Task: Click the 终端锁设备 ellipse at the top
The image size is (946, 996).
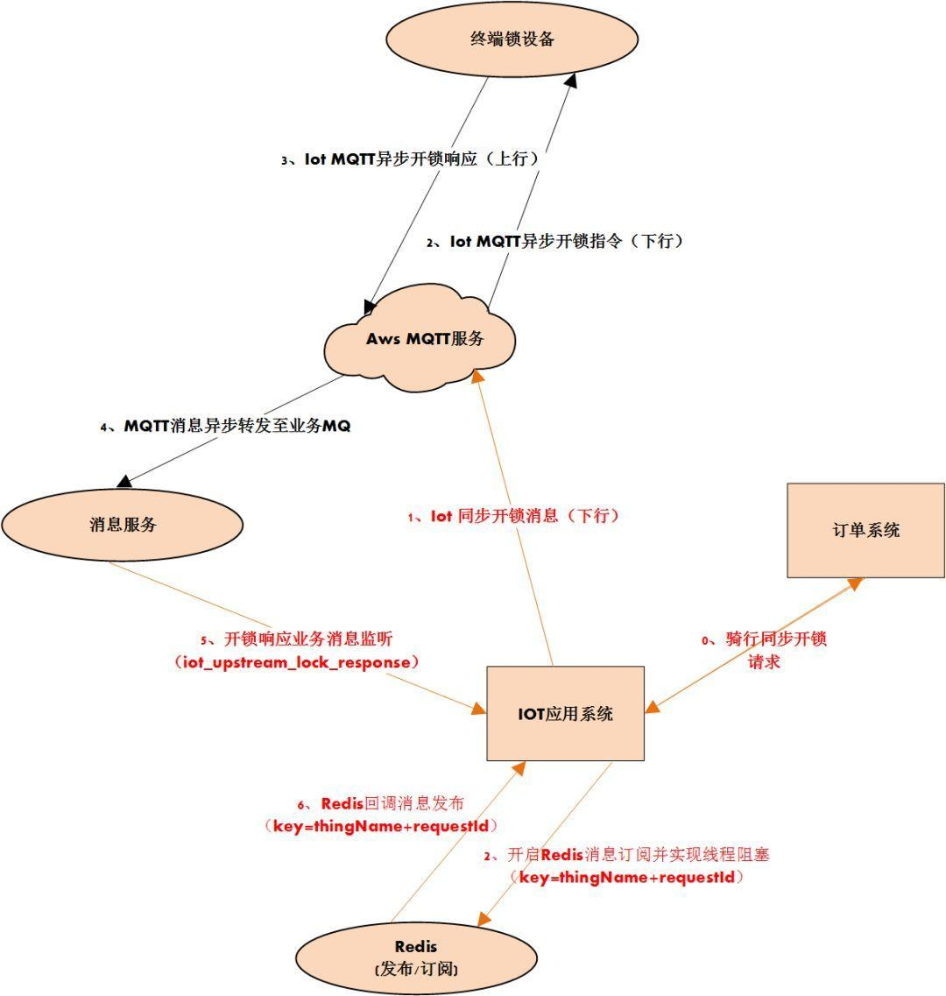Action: tap(512, 39)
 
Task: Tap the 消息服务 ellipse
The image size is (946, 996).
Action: tap(122, 525)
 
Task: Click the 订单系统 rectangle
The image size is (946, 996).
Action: tap(865, 530)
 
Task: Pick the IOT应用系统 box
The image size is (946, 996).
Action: tap(565, 713)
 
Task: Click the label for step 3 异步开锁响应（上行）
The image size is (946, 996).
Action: tap(409, 160)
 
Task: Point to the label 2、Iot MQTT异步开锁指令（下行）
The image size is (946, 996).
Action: tap(554, 241)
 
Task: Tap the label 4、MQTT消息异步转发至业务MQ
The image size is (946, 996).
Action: tap(225, 427)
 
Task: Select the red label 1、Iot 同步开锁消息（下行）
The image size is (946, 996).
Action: tap(513, 516)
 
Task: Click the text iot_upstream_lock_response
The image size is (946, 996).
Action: tap(297, 662)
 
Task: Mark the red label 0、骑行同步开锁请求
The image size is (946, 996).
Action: tap(764, 650)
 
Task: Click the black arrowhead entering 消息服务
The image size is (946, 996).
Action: tap(125, 480)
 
